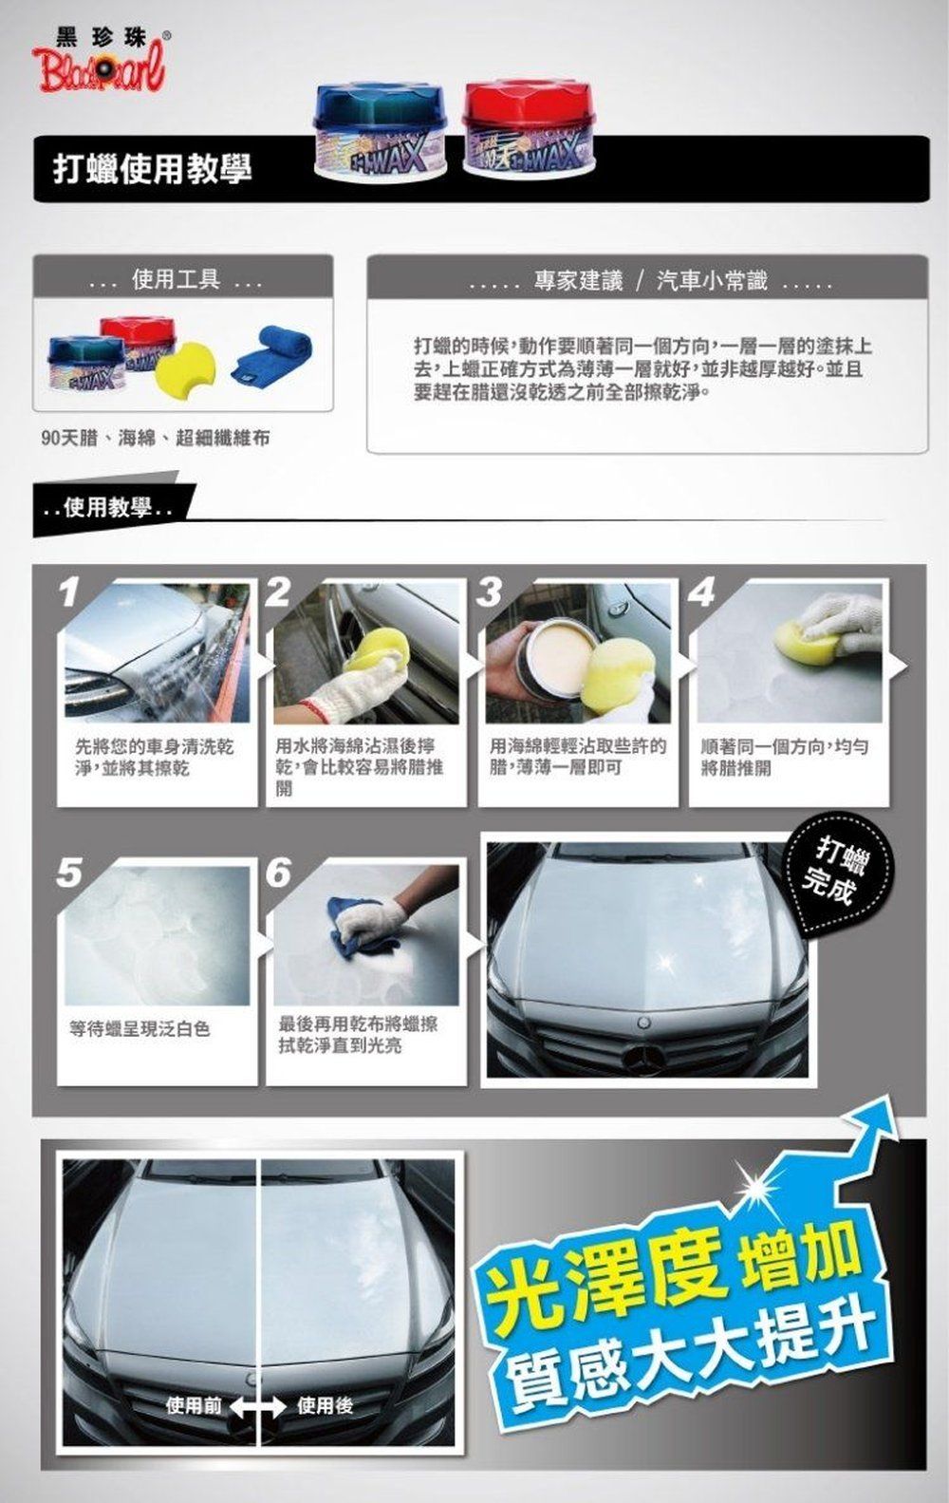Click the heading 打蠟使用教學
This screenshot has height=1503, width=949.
coord(153,168)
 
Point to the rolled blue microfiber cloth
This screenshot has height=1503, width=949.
coord(271,363)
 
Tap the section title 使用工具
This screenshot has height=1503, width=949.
coord(176,279)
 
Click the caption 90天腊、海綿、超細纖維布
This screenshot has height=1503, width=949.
coord(156,438)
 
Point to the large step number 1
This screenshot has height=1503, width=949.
coord(69,592)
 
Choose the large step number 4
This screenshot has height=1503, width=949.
coord(701,592)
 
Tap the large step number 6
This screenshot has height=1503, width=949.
coord(278,873)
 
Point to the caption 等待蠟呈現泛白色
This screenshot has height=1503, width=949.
coord(140,1028)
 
